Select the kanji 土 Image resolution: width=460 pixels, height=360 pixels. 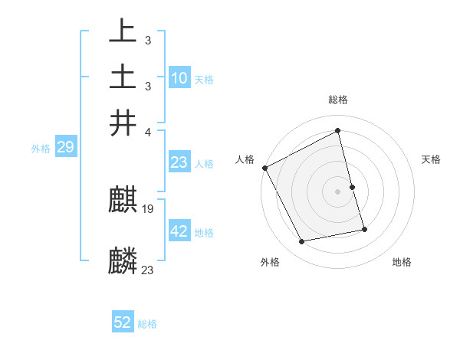coord(123,77)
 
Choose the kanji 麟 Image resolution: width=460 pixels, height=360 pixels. coord(123,261)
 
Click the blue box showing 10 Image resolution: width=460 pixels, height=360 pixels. coord(179,77)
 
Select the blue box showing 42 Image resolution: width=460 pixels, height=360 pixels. coord(179,231)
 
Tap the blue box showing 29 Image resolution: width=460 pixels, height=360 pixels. coord(65,147)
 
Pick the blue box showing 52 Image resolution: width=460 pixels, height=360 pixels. coord(123,322)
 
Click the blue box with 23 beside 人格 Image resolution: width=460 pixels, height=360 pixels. coord(179,162)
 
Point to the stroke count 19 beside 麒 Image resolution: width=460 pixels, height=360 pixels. coord(149,209)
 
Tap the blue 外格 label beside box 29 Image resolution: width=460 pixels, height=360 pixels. coord(41,149)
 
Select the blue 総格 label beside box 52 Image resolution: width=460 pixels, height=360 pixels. coord(147,324)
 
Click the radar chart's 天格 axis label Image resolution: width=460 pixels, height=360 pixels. coord(432,159)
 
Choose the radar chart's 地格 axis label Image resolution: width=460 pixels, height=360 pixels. coord(402,262)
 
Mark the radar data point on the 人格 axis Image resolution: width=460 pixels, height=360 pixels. coord(265,168)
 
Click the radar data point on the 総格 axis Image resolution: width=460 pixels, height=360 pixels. coord(338,130)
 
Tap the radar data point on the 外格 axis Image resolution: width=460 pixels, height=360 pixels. coord(302,242)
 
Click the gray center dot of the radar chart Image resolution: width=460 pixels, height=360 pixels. coord(338,191)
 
